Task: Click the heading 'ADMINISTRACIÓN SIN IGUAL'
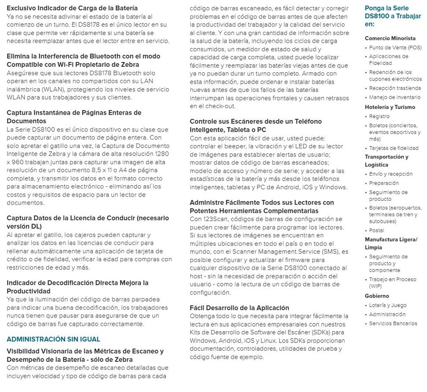(53, 339)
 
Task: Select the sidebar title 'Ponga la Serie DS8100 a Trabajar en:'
(386, 16)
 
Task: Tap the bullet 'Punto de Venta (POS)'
(395, 47)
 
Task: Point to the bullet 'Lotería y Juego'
(388, 305)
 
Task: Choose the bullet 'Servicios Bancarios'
(393, 323)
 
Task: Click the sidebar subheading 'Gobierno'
(377, 296)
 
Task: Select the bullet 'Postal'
(377, 230)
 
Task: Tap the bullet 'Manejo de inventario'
(395, 97)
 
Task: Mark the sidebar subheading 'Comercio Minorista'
(390, 38)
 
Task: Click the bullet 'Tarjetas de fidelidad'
(394, 148)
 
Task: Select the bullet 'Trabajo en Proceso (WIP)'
(392, 283)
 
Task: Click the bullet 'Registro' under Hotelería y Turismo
(379, 116)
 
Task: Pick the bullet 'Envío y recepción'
(391, 174)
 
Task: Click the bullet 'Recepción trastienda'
(395, 88)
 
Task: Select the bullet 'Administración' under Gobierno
(387, 314)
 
